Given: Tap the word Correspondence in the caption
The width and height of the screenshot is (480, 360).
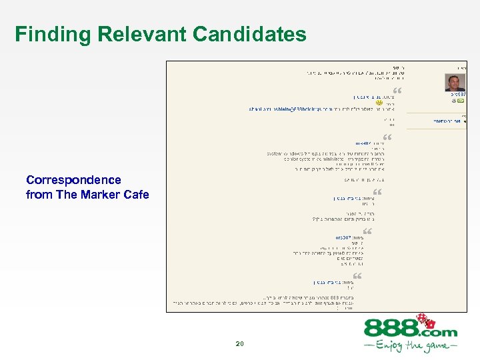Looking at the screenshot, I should (x=73, y=180).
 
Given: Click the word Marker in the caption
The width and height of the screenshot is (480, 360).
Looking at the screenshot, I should (x=102, y=195).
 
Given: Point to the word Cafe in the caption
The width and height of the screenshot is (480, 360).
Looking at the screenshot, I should (x=135, y=195).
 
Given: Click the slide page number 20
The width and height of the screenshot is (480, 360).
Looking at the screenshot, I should (x=240, y=344).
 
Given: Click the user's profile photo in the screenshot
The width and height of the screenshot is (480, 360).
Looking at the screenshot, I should (x=455, y=83).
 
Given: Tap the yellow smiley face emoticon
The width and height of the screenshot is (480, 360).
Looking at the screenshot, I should (x=379, y=103).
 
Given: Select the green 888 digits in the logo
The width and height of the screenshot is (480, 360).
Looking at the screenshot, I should (x=391, y=329).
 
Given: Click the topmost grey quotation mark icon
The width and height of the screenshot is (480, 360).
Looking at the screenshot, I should (x=398, y=90).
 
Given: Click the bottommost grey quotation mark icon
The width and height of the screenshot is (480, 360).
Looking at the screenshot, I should (x=357, y=275).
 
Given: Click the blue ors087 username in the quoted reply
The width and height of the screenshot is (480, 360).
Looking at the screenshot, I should (x=349, y=237).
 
